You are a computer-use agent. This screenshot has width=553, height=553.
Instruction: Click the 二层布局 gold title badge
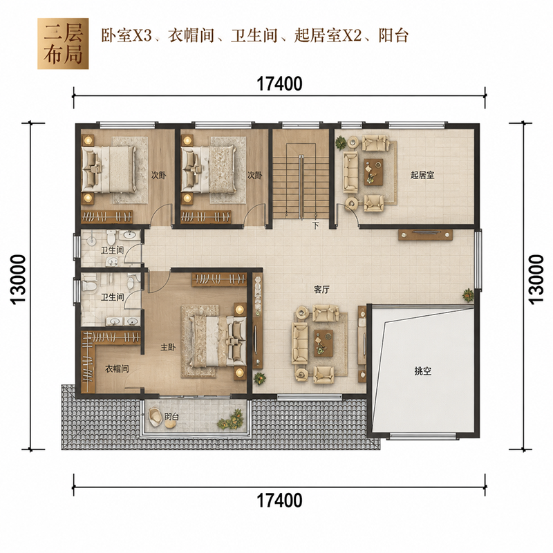pyautogui.click(x=63, y=44)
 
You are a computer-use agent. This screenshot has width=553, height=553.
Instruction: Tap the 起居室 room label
pyautogui.click(x=422, y=175)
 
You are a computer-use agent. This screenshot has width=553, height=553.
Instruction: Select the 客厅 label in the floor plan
pyautogui.click(x=321, y=290)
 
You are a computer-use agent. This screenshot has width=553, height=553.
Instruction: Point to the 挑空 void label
pyautogui.click(x=423, y=371)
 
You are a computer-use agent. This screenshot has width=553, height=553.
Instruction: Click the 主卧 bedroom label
pyautogui.click(x=168, y=347)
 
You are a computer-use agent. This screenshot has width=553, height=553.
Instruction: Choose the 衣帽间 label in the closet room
pyautogui.click(x=117, y=369)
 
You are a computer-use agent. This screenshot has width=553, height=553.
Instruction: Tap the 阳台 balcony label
pyautogui.click(x=171, y=417)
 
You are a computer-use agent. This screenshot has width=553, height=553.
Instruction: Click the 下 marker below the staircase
pyautogui.click(x=316, y=225)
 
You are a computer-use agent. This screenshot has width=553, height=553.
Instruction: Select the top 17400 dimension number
pyautogui.click(x=279, y=84)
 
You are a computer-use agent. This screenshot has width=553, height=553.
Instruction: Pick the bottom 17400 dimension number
pyautogui.click(x=279, y=500)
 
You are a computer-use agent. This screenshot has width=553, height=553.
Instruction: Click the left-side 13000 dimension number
pyautogui.click(x=19, y=279)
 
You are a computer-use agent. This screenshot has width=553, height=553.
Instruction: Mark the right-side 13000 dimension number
pyautogui.click(x=536, y=279)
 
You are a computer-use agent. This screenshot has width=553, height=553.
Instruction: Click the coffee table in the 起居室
pyautogui.click(x=374, y=171)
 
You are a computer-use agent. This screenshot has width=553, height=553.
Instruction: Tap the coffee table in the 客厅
pyautogui.click(x=324, y=343)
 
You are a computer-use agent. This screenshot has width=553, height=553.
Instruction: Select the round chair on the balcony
pyautogui.click(x=155, y=415)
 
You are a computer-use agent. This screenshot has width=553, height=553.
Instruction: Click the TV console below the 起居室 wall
pyautogui.click(x=425, y=235)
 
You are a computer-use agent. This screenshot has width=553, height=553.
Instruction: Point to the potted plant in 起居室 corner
pyautogui.click(x=341, y=142)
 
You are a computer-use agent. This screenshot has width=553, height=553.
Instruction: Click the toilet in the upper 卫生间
pyautogui.click(x=111, y=237)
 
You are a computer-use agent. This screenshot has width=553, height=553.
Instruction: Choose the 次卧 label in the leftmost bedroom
pyautogui.click(x=159, y=175)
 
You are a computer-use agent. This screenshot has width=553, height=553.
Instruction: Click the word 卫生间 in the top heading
pyautogui.click(x=254, y=36)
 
